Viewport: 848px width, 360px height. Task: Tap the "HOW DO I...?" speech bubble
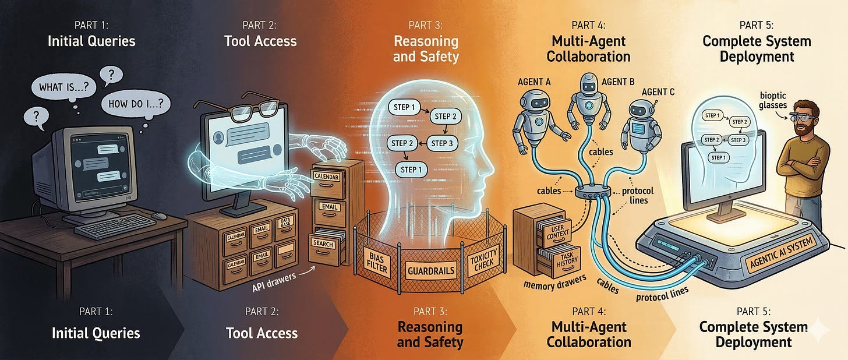pos(136,104)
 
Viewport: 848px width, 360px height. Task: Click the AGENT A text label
pos(535,82)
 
